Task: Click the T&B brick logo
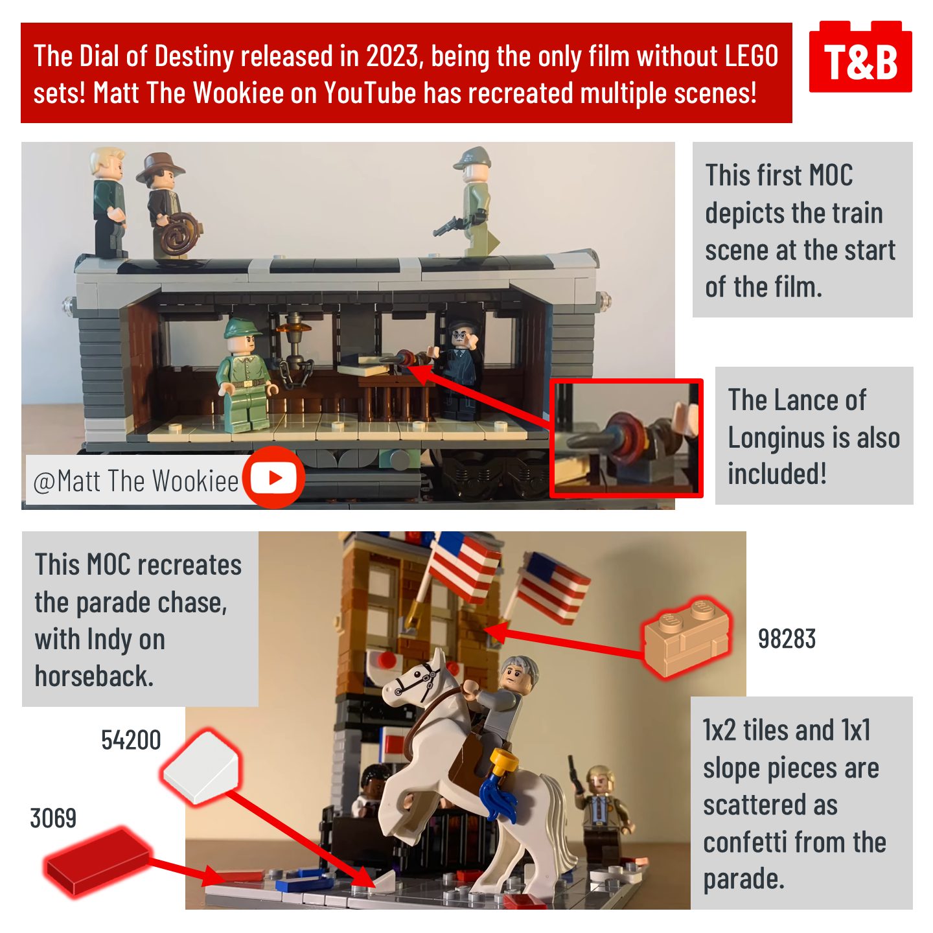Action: click(860, 56)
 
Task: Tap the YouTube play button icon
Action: click(274, 478)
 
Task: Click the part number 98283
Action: click(787, 639)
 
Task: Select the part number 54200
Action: click(131, 740)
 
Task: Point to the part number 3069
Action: click(53, 818)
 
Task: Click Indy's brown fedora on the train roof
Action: click(160, 167)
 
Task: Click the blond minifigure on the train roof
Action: click(109, 202)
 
